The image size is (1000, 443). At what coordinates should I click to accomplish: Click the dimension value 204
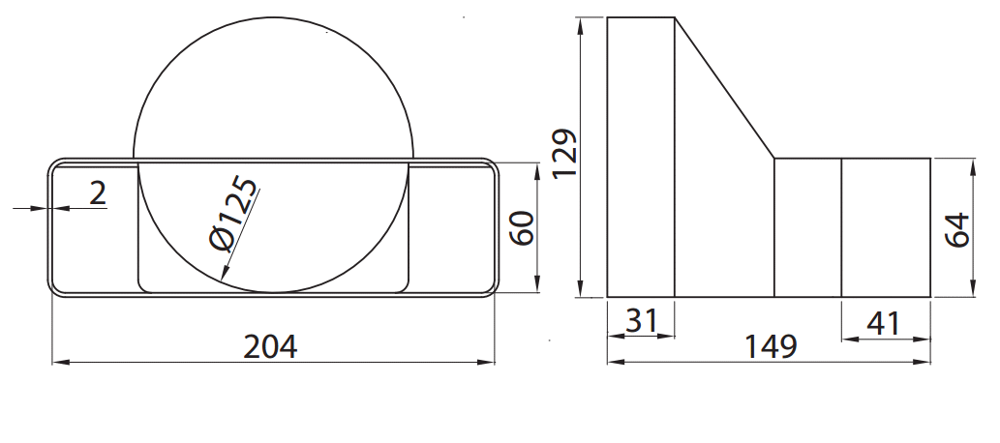click(270, 347)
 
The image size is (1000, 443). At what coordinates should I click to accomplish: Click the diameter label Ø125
click(234, 214)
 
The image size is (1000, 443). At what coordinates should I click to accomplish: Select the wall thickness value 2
click(98, 193)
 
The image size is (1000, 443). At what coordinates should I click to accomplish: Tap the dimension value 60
click(523, 227)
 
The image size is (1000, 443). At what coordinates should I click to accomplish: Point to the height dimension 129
click(565, 154)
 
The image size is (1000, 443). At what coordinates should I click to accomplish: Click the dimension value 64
click(957, 230)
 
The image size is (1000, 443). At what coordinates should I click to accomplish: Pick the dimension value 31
click(640, 320)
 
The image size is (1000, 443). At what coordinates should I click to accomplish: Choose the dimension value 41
click(883, 324)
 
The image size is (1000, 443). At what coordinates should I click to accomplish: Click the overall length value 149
click(771, 346)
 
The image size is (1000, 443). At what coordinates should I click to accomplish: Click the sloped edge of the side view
click(724, 88)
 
